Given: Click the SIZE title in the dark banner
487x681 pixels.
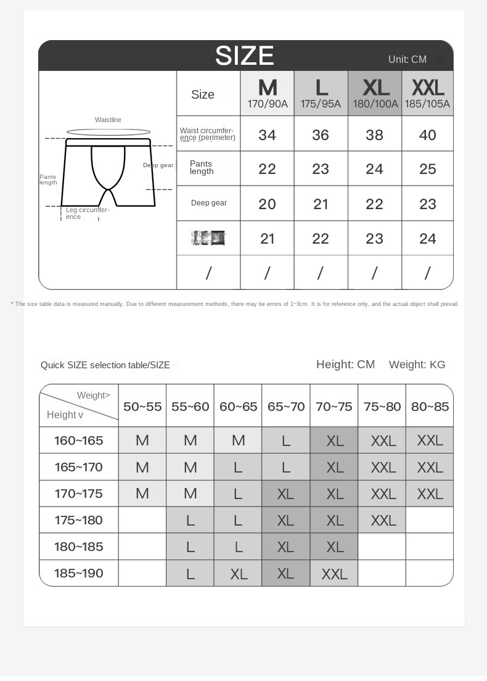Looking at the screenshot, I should click(x=245, y=56).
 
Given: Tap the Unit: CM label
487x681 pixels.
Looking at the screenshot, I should click(x=407, y=60).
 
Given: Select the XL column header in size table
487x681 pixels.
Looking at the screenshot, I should click(x=375, y=93).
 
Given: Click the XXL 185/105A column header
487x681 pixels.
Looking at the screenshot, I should click(x=427, y=93).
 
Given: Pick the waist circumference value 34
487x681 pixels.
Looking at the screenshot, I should click(x=267, y=135).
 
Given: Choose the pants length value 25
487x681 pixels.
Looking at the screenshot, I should click(x=427, y=169).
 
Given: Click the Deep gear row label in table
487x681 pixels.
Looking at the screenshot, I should click(x=208, y=203).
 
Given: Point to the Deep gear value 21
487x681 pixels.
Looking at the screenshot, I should click(x=321, y=204).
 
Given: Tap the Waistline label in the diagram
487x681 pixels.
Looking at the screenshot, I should click(x=108, y=120).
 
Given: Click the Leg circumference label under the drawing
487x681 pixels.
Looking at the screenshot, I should click(x=87, y=213).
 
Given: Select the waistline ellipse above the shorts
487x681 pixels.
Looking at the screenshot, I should click(x=108, y=132).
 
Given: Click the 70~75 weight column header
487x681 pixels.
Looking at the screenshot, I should click(x=334, y=407).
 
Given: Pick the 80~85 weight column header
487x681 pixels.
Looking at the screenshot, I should click(x=430, y=407).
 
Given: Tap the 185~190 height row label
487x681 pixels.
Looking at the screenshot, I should click(x=79, y=573).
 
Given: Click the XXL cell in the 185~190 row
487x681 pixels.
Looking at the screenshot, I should click(x=334, y=574).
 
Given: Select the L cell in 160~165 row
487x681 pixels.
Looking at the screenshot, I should click(x=286, y=440).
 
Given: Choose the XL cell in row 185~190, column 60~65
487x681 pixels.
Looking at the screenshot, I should click(x=238, y=574).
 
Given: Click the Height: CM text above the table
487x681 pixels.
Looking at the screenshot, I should click(x=345, y=365).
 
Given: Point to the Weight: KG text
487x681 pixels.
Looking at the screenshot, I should click(x=417, y=365).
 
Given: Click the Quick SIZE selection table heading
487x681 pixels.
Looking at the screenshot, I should click(x=105, y=365).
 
